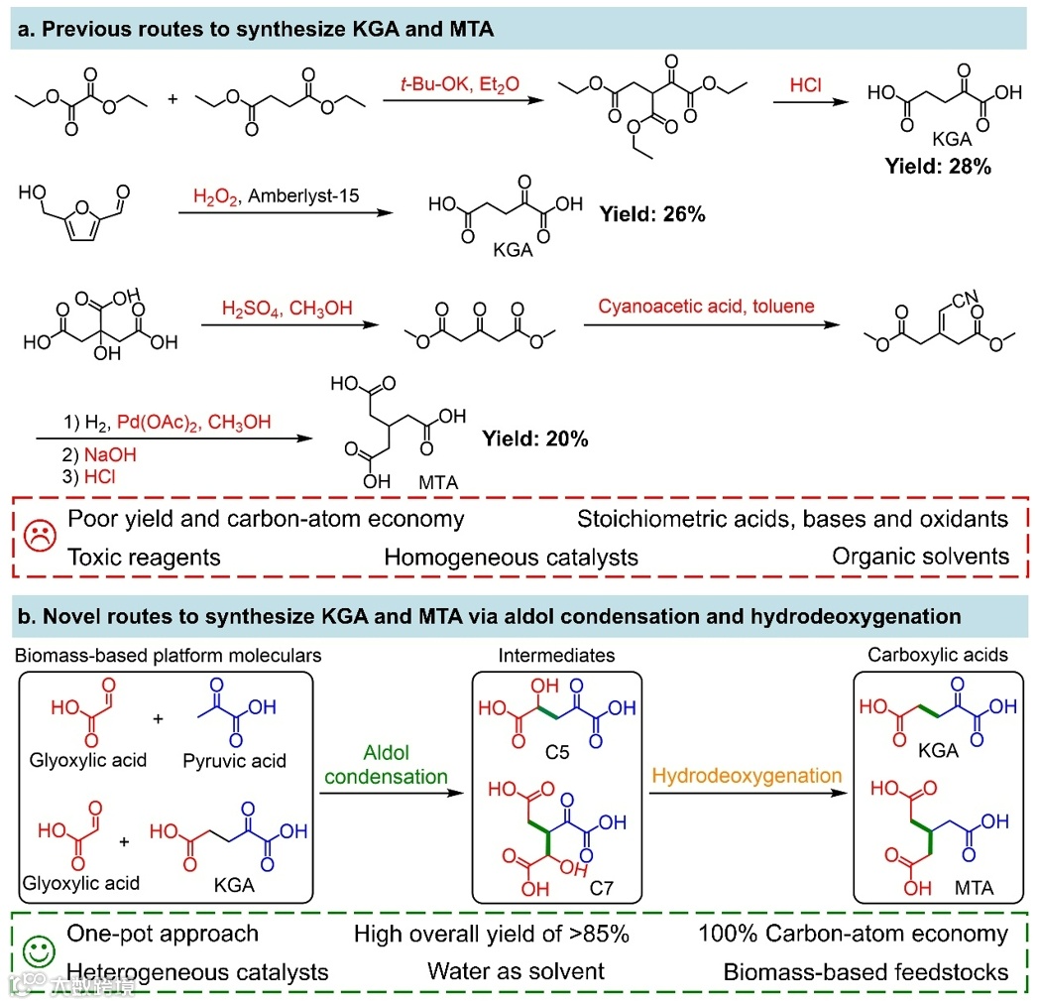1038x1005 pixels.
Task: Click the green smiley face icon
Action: pos(38,953)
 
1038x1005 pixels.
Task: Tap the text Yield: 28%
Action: pos(938,166)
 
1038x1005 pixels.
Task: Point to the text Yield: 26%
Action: pos(652,213)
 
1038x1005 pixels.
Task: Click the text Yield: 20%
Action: pos(535,438)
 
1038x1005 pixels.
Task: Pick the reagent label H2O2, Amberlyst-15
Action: pos(273,198)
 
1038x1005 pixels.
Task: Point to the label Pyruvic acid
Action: pos(234,761)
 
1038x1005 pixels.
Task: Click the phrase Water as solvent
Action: pos(509,971)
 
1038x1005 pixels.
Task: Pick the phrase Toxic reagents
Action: pos(144,556)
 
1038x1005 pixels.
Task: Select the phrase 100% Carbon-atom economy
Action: pos(854,934)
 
